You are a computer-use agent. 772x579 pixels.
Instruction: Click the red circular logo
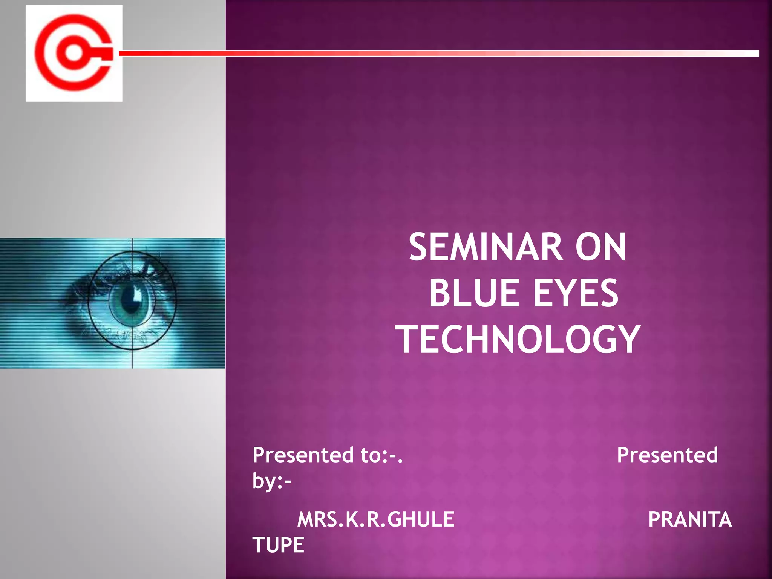pyautogui.click(x=74, y=53)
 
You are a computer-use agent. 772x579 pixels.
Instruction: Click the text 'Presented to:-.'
pyautogui.click(x=328, y=455)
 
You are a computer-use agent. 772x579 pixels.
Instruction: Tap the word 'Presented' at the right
pyautogui.click(x=667, y=455)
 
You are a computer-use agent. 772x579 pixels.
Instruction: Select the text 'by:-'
pyautogui.click(x=271, y=481)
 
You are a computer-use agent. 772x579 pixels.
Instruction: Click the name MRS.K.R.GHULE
pyautogui.click(x=376, y=519)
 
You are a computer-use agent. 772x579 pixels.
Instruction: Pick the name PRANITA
pyautogui.click(x=690, y=519)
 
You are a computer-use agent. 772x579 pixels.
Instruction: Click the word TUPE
pyautogui.click(x=278, y=545)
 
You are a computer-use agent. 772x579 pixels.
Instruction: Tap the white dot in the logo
pyautogui.click(x=74, y=53)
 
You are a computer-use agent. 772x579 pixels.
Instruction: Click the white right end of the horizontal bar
pyautogui.click(x=750, y=53)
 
